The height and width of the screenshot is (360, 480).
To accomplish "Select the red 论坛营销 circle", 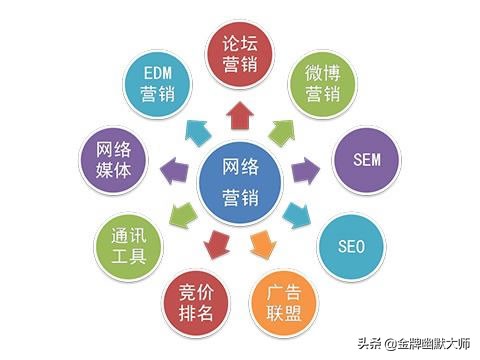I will (x=241, y=51).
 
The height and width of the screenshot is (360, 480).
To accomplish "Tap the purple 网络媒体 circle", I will (x=113, y=160).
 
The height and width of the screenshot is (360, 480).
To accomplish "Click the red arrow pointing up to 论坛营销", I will (x=241, y=116).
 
